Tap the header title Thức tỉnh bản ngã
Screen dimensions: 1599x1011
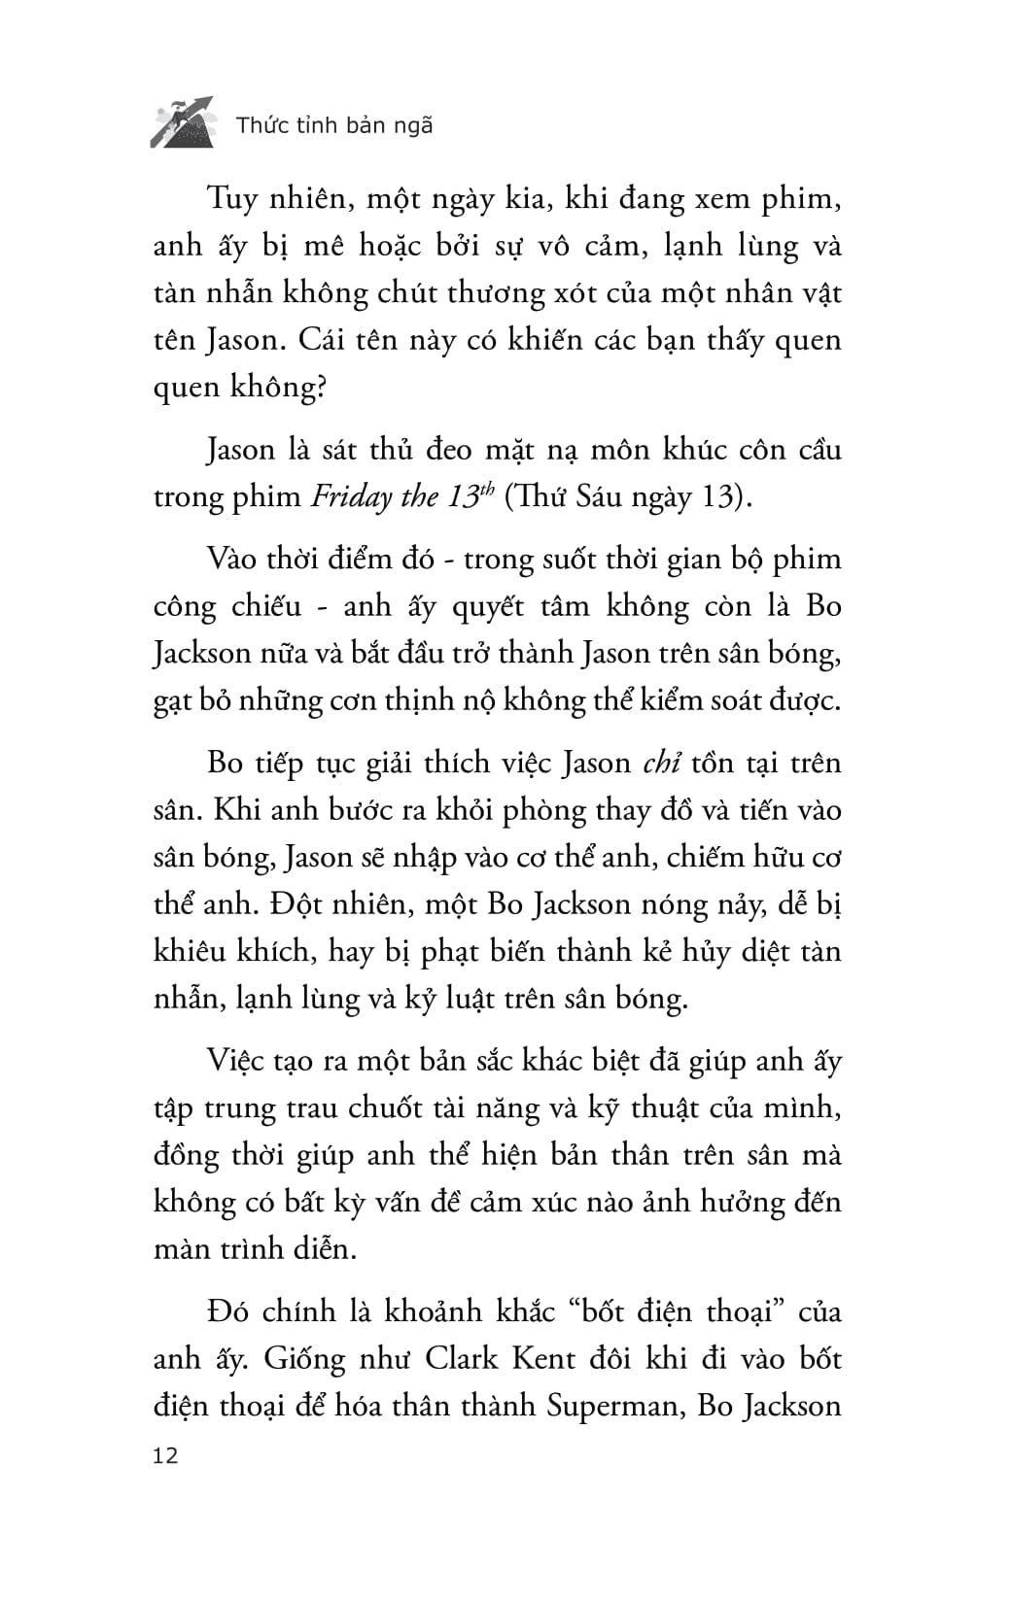333,125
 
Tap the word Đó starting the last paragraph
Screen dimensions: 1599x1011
230,1311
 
